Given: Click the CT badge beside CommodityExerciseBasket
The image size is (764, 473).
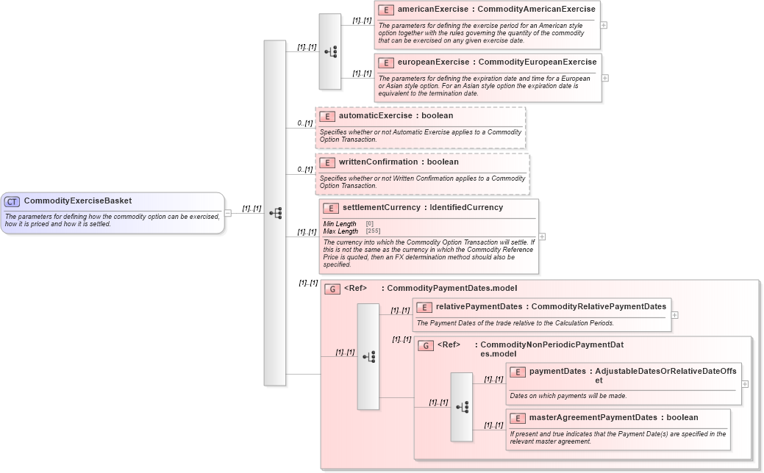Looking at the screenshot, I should click(x=12, y=201).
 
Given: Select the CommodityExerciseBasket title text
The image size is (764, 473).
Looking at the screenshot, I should click(x=78, y=201).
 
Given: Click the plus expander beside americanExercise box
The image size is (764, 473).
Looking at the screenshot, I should click(x=604, y=24).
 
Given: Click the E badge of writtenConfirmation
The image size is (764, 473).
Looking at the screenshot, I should click(x=327, y=162).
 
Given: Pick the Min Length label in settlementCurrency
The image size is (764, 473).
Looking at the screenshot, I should click(x=340, y=224).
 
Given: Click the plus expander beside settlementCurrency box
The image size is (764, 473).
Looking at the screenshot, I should click(x=542, y=236).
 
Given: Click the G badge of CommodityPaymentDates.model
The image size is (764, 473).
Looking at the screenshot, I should click(x=332, y=289).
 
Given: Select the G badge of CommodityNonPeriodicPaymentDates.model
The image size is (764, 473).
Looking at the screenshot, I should click(x=426, y=345).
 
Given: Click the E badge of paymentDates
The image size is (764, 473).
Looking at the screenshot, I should click(x=518, y=372).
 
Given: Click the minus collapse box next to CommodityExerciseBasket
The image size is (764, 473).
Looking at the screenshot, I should click(x=228, y=213).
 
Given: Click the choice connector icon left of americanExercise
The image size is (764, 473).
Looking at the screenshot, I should click(x=330, y=51).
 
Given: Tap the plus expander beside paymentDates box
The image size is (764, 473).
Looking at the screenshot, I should click(x=745, y=383).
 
